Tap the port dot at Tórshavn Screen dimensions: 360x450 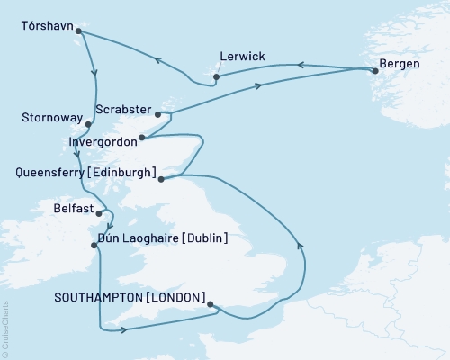coord(79,31)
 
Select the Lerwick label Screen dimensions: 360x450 coord(241,57)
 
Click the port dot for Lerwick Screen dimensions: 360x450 coord(217,78)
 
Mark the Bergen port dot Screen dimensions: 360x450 coord(374,71)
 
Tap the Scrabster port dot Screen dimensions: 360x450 coord(158,114)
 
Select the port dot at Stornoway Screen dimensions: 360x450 coord(88,123)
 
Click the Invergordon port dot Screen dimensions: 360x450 coord(141,139)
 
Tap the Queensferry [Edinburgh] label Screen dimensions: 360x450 coord(80,172)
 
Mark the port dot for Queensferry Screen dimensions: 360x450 coord(161,179)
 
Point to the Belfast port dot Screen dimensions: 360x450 coord(112,213)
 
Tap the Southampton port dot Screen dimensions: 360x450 coord(211,304)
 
